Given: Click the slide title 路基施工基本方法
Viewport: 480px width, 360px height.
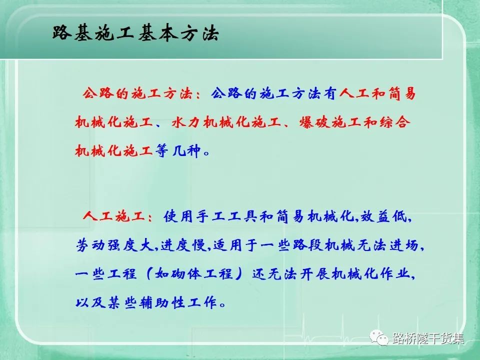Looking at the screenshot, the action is pos(135,32).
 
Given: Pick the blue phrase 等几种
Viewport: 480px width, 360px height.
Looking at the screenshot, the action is pos(178,150).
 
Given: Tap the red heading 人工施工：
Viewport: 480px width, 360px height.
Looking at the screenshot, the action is pos(118,216).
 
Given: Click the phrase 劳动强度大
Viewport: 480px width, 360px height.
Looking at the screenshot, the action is pos(114,245).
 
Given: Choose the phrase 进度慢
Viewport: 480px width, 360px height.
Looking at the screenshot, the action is pos(183,245).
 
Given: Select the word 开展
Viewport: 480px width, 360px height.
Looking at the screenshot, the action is pos(314,273).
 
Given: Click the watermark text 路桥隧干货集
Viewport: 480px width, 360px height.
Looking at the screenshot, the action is pos(428,338).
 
